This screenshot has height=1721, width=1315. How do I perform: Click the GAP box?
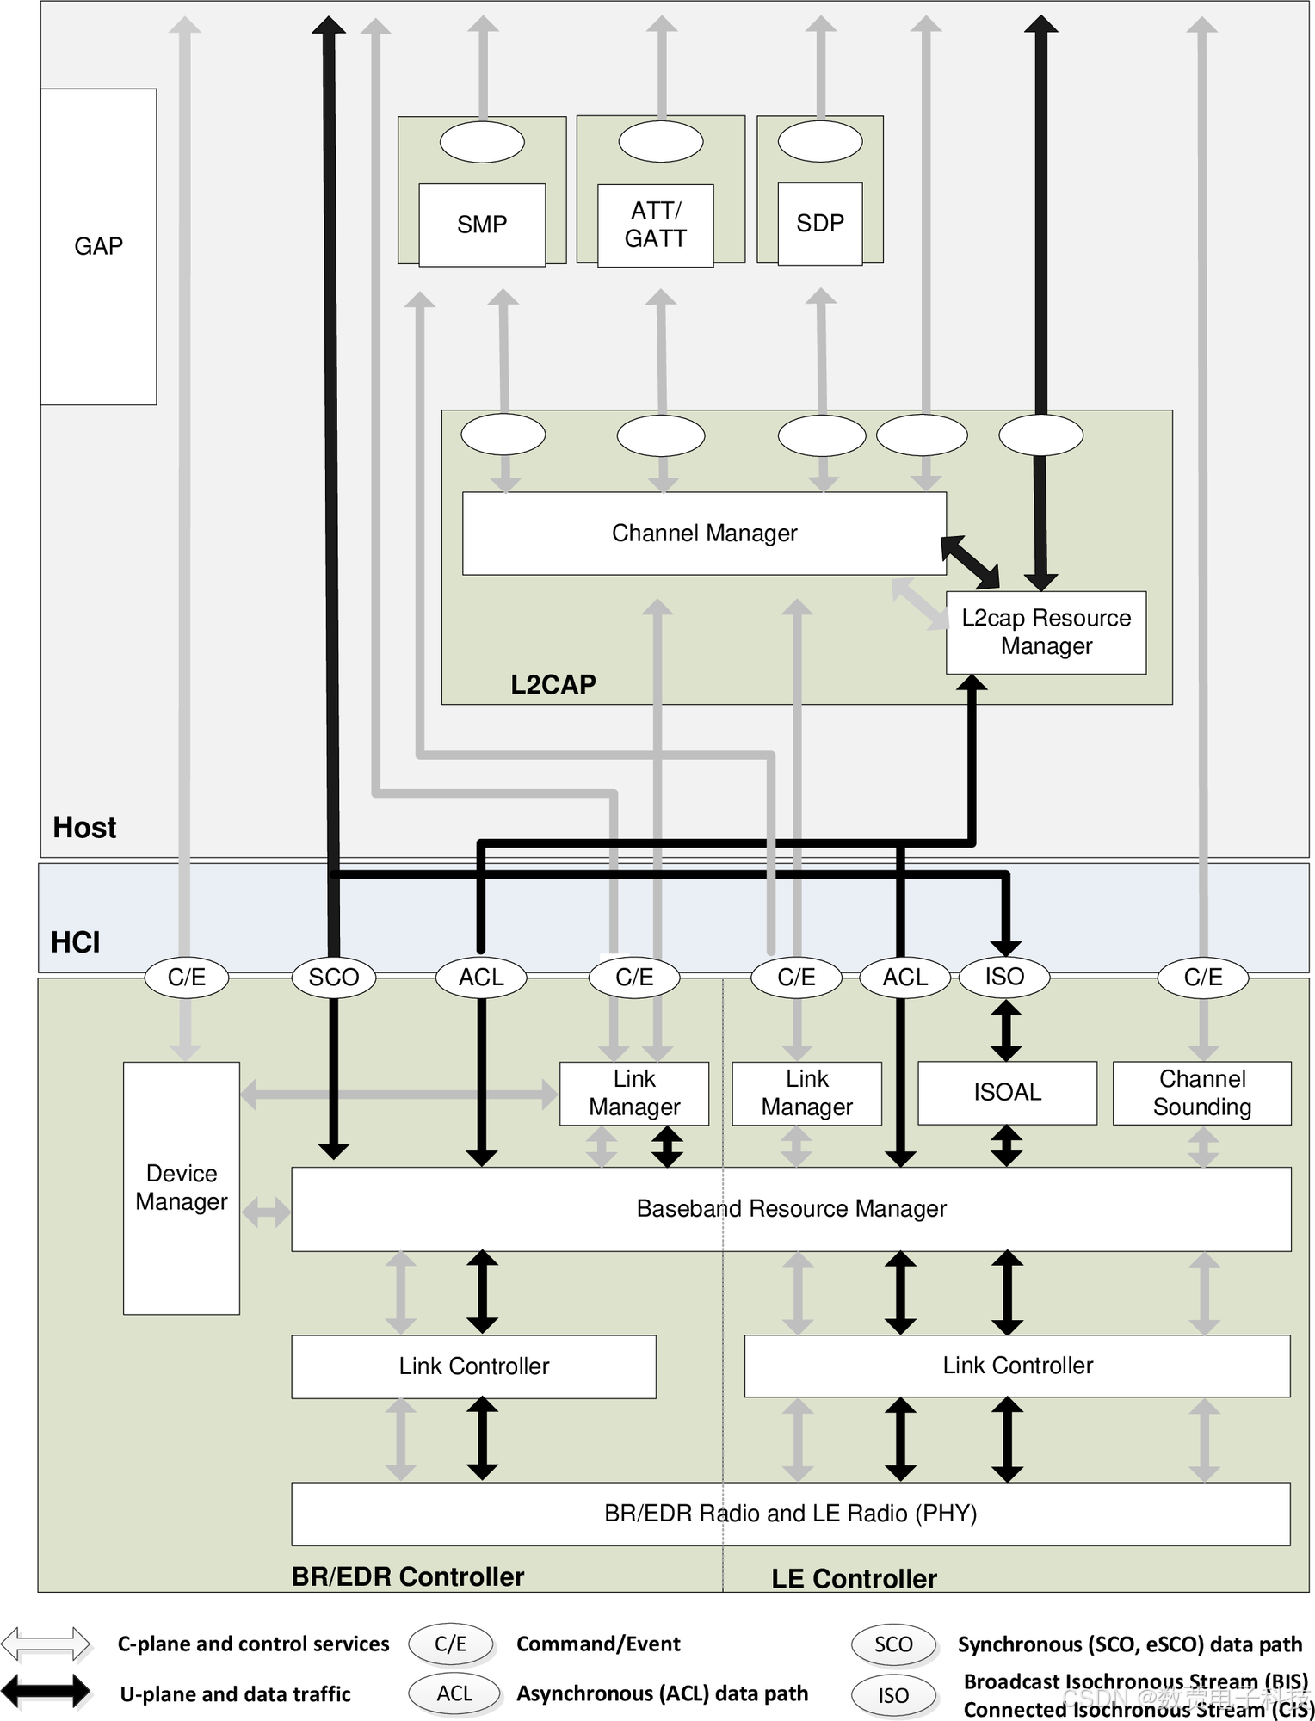click(x=98, y=246)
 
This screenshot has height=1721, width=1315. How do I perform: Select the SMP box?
click(x=482, y=225)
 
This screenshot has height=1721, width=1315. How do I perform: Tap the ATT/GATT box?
click(x=656, y=225)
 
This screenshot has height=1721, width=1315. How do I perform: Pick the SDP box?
click(x=820, y=224)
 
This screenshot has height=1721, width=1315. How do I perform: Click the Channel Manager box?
click(x=704, y=534)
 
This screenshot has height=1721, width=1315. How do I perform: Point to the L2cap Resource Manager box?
click(x=1046, y=632)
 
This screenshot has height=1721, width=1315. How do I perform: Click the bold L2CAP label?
click(x=553, y=684)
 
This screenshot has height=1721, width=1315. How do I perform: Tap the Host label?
click(x=84, y=827)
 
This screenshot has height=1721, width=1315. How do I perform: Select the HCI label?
click(x=76, y=942)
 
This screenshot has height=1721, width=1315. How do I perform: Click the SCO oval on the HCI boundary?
click(x=334, y=978)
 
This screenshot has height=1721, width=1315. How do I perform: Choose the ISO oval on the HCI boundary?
click(x=1004, y=977)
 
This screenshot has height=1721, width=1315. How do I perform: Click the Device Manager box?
click(x=182, y=1187)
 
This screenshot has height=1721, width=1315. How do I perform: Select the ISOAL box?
click(x=1007, y=1093)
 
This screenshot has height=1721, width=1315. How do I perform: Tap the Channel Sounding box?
click(x=1202, y=1093)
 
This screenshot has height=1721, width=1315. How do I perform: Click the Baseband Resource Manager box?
click(x=791, y=1209)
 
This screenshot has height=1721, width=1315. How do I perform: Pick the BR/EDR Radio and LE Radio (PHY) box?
click(x=790, y=1514)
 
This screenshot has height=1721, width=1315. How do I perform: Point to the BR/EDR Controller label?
click(x=408, y=1576)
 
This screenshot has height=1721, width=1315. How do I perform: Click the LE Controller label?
click(x=854, y=1579)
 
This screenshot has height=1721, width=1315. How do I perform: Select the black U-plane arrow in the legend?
click(x=46, y=1692)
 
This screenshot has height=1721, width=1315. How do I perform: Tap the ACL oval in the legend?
click(x=454, y=1693)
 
